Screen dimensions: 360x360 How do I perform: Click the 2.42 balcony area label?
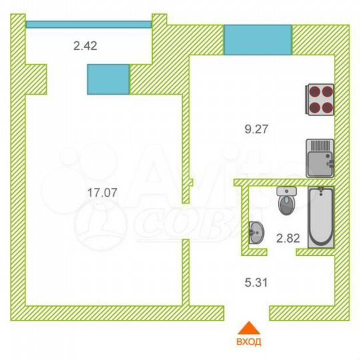(x=85, y=46)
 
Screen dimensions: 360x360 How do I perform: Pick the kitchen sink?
(x=320, y=157)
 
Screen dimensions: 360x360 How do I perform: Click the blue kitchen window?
(x=257, y=39)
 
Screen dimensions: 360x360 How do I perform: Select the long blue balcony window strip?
(x=89, y=24)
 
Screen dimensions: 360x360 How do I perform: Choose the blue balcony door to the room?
(x=108, y=79)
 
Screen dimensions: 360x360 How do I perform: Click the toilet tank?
(x=287, y=191)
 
